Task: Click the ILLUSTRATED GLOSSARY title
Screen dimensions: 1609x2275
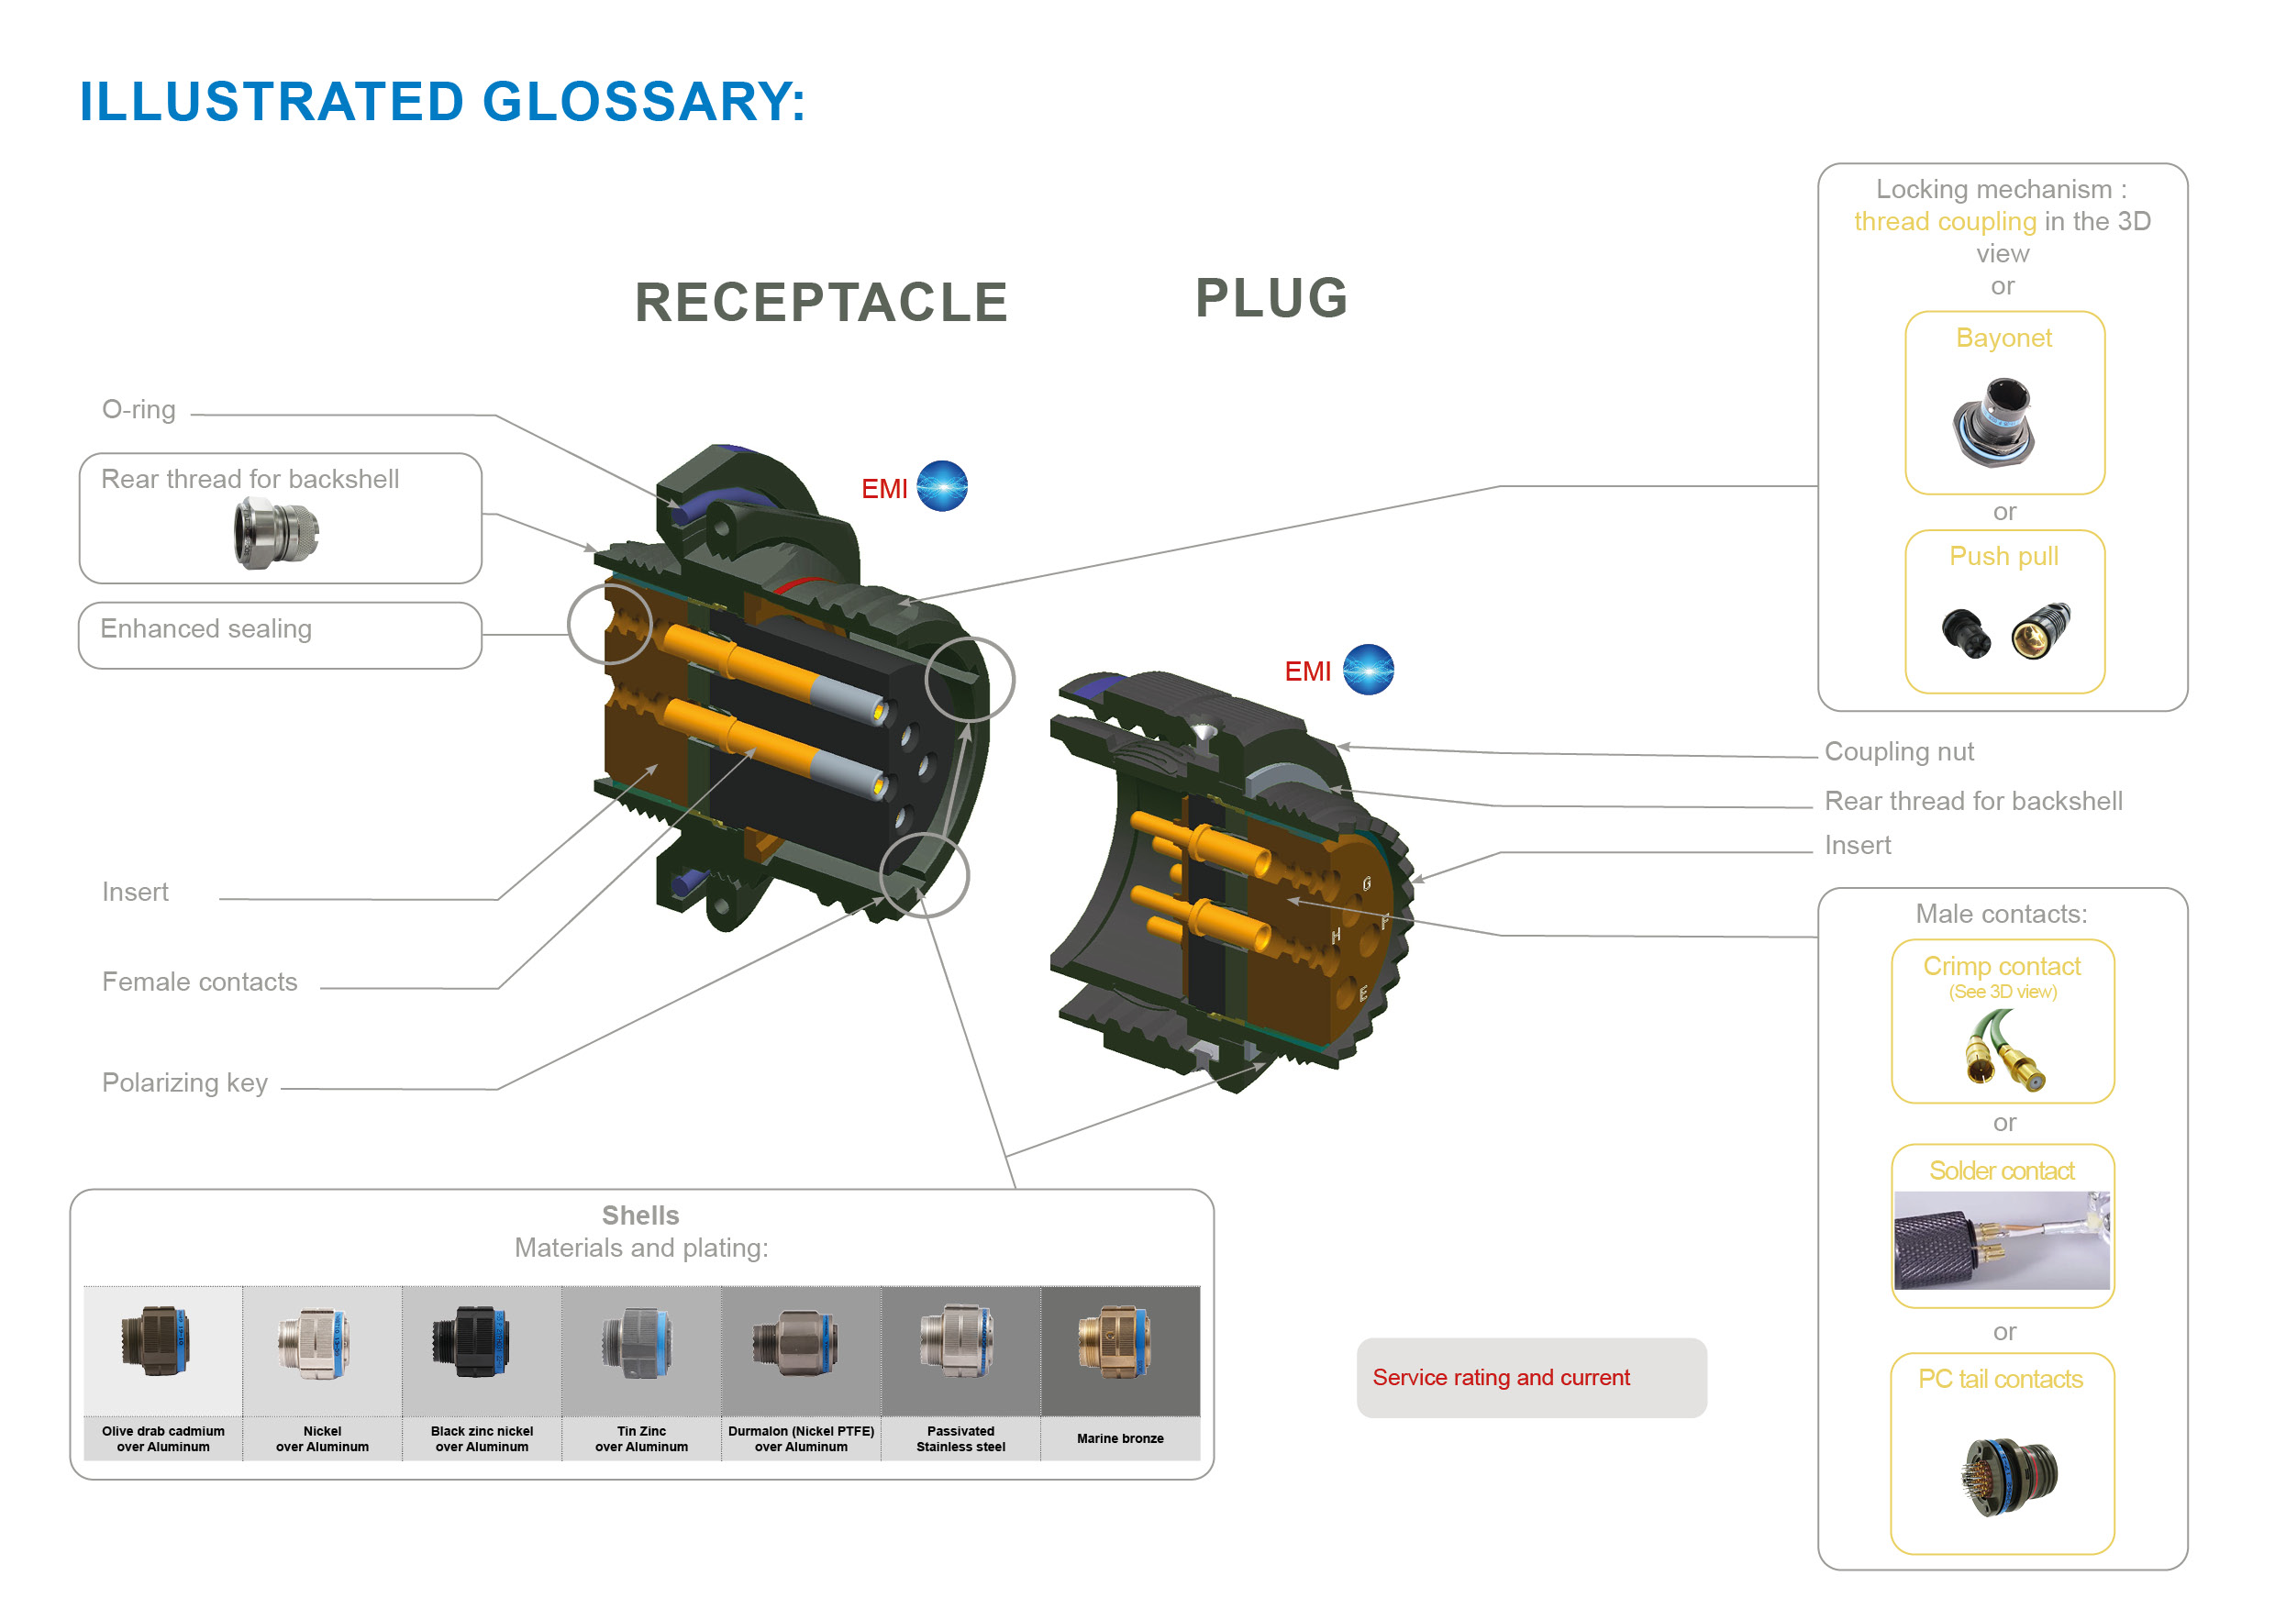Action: pyautogui.click(x=442, y=102)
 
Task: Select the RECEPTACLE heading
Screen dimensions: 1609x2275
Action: pyautogui.click(x=820, y=302)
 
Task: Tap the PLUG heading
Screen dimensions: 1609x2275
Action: pyautogui.click(x=1271, y=297)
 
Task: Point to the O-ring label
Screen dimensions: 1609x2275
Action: pyautogui.click(x=139, y=409)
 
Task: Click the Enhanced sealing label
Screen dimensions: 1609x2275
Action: pyautogui.click(x=206, y=629)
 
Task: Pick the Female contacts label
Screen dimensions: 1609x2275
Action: pyautogui.click(x=199, y=982)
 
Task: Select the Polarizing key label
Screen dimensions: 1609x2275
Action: pyautogui.click(x=184, y=1082)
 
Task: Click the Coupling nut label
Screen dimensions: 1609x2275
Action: pyautogui.click(x=1899, y=752)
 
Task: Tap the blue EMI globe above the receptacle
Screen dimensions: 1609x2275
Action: pyautogui.click(x=941, y=486)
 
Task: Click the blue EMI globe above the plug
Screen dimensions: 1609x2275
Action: pyautogui.click(x=1368, y=670)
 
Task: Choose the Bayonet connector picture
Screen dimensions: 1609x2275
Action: pyautogui.click(x=1994, y=422)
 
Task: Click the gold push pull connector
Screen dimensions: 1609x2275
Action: pyautogui.click(x=2040, y=630)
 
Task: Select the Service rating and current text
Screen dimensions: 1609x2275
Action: pyautogui.click(x=1500, y=1377)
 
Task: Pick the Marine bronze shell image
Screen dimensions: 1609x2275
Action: pyautogui.click(x=1115, y=1344)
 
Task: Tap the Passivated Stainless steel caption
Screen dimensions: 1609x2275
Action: pyautogui.click(x=960, y=1438)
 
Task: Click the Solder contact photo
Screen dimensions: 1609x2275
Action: pyautogui.click(x=2002, y=1239)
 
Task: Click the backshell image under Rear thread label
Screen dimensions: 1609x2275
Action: pyautogui.click(x=276, y=533)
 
